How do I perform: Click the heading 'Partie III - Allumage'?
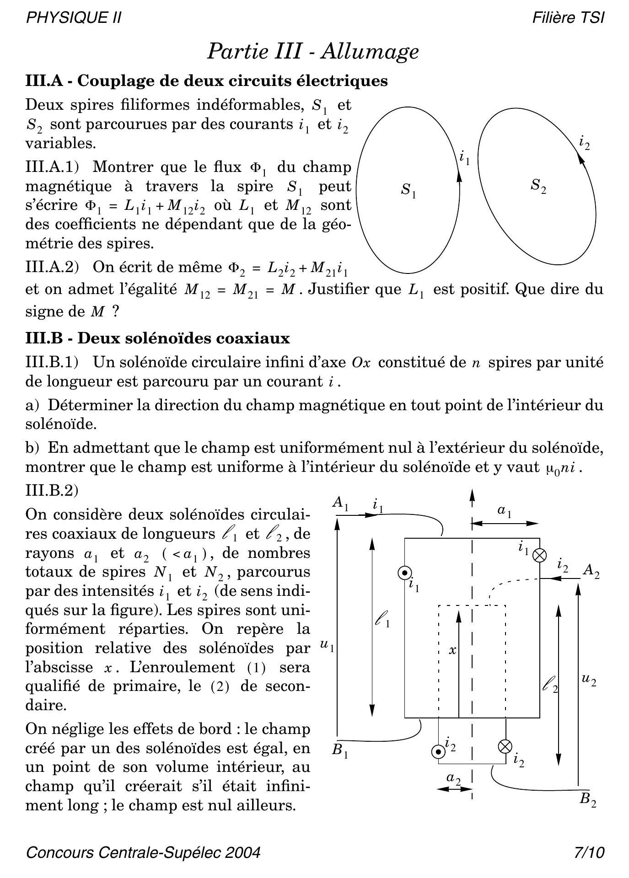pos(313,51)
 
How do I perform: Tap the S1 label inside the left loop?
pos(409,190)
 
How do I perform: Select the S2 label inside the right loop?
pos(538,186)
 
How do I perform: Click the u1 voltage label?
pos(327,646)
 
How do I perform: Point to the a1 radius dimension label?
pos(504,511)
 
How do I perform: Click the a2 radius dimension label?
pos(453,778)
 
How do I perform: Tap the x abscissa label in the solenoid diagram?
pos(452,650)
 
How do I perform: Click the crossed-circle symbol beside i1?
pos(540,555)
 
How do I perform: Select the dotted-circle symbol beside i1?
pos(405,573)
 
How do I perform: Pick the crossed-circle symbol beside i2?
pos(505,746)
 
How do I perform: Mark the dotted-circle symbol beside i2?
pos(438,751)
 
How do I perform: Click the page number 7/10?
pos(589,853)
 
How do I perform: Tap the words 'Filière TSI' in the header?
pos(568,18)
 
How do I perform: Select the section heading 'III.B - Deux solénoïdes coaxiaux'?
pos(158,338)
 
